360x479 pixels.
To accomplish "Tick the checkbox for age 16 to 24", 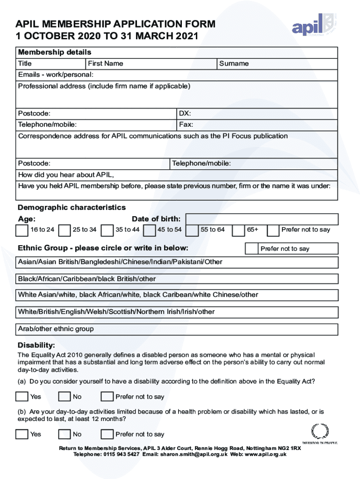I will click(x=22, y=230).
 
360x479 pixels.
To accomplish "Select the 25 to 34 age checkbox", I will click(x=65, y=230).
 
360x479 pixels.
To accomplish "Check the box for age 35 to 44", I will click(x=108, y=230).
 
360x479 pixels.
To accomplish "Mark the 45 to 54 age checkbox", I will click(x=150, y=230).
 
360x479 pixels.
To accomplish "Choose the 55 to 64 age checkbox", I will click(x=192, y=230).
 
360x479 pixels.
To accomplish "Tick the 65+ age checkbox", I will click(x=238, y=230).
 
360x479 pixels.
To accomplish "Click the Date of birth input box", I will click(x=262, y=219).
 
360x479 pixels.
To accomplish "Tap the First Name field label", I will click(x=105, y=64).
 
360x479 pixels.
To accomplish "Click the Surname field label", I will click(x=234, y=64).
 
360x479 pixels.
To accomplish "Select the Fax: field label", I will click(x=186, y=125).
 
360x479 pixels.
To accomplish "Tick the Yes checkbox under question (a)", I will click(x=22, y=397).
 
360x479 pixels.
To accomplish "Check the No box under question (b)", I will click(x=65, y=434).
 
